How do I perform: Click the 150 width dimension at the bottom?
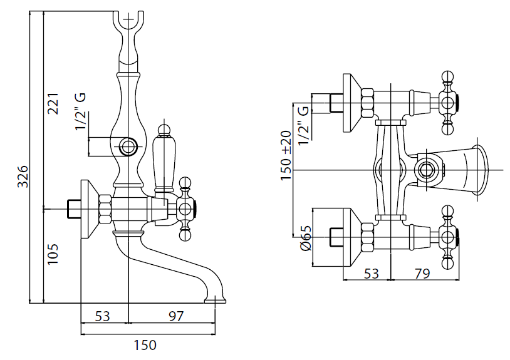click(x=145, y=345)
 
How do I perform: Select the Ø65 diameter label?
click(x=306, y=239)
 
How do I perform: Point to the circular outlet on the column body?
click(x=128, y=148)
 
